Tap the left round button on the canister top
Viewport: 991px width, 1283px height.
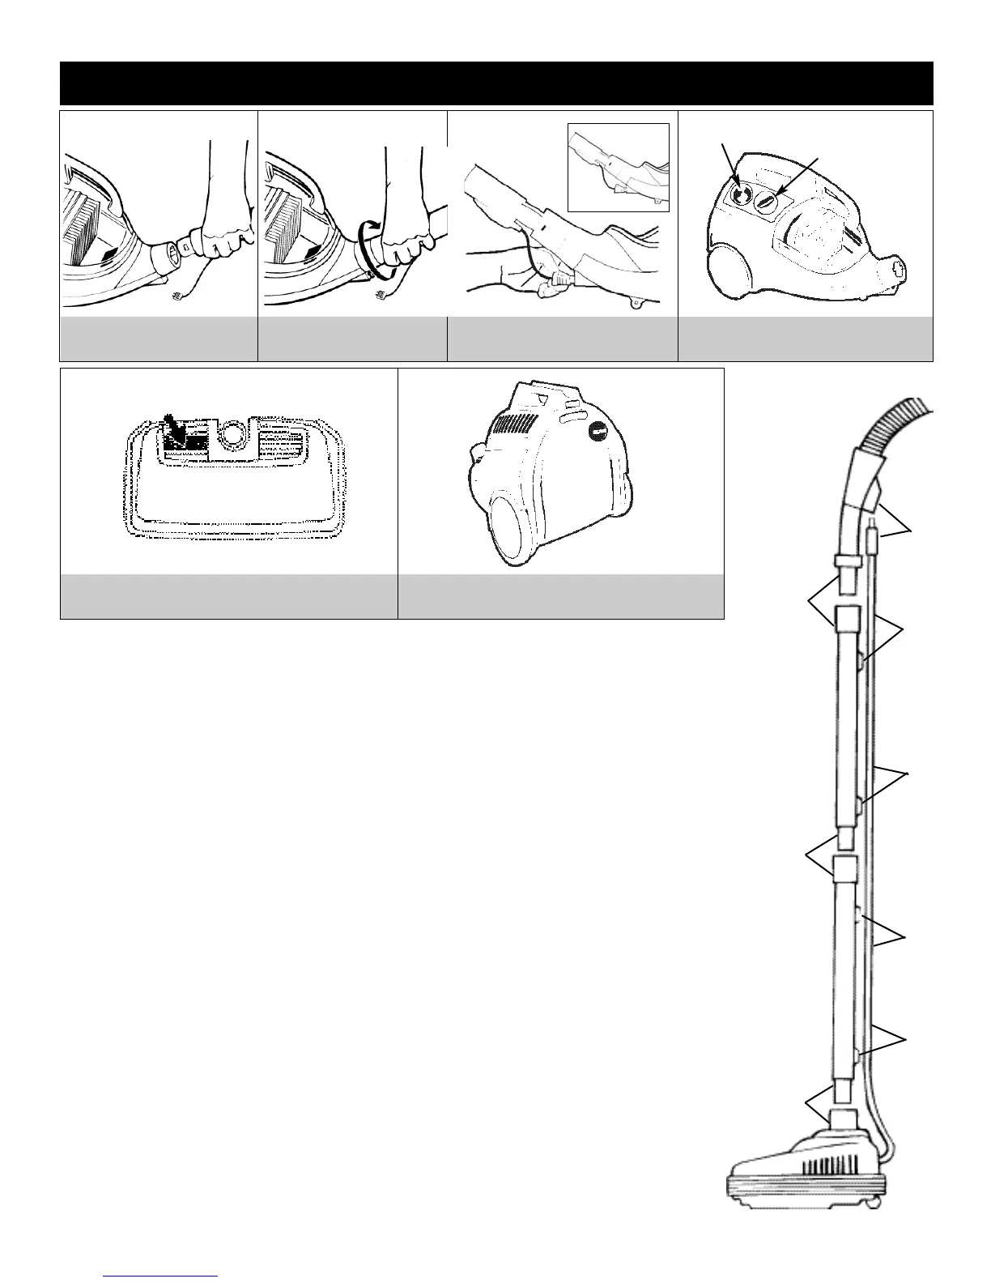click(x=740, y=194)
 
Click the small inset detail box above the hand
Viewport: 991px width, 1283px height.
click(x=619, y=167)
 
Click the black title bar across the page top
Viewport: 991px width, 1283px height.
click(x=496, y=83)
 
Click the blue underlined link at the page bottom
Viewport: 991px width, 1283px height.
click(x=161, y=1276)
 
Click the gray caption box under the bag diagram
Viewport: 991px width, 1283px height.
click(x=229, y=596)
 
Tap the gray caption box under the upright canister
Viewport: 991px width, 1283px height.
click(x=560, y=596)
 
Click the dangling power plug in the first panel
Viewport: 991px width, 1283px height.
click(x=177, y=301)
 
